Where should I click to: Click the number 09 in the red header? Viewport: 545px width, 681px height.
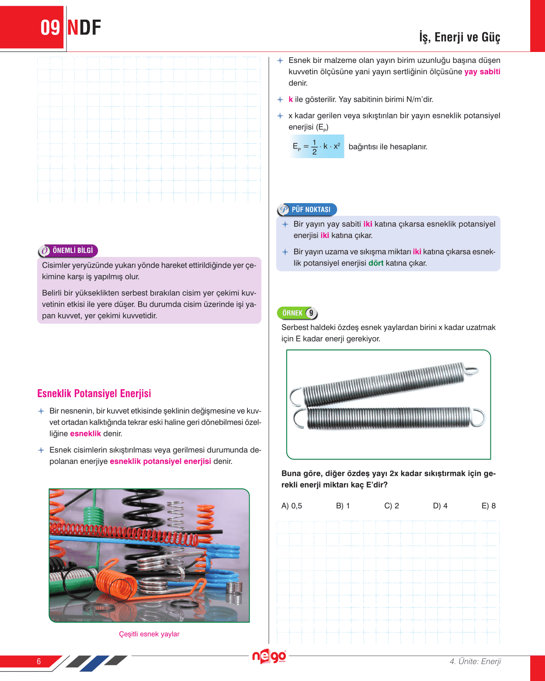click(50, 28)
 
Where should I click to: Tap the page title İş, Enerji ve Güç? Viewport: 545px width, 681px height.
click(459, 37)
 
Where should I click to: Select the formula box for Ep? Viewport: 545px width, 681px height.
click(316, 147)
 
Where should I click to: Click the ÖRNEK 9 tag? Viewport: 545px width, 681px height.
click(297, 313)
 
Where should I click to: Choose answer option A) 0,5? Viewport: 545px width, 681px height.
click(292, 506)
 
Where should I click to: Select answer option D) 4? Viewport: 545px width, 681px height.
click(440, 506)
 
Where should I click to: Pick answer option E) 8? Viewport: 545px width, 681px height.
click(489, 506)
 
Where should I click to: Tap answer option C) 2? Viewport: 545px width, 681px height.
click(392, 506)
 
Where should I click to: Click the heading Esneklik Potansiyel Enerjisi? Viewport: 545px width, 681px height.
click(94, 394)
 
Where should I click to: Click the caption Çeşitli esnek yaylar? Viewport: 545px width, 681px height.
click(149, 634)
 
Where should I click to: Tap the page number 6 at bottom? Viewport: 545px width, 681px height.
click(39, 661)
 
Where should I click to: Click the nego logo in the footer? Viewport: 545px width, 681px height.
click(269, 657)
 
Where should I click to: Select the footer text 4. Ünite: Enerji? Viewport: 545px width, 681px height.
click(475, 661)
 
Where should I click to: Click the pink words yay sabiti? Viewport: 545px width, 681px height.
click(482, 72)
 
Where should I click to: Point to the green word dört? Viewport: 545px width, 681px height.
click(376, 263)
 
